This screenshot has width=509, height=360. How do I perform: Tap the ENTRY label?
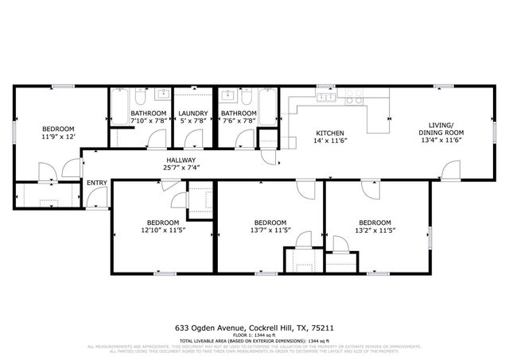pyautogui.click(x=97, y=183)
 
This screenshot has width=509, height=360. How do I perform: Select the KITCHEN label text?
pyautogui.click(x=329, y=132)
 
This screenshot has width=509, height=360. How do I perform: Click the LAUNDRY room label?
pyautogui.click(x=192, y=114)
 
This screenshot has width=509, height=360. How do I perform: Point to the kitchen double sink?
pyautogui.click(x=326, y=98)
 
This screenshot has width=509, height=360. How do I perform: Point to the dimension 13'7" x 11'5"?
pyautogui.click(x=270, y=230)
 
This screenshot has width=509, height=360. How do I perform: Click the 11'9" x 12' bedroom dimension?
pyautogui.click(x=58, y=137)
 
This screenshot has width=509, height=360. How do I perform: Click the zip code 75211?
pyautogui.click(x=322, y=326)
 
